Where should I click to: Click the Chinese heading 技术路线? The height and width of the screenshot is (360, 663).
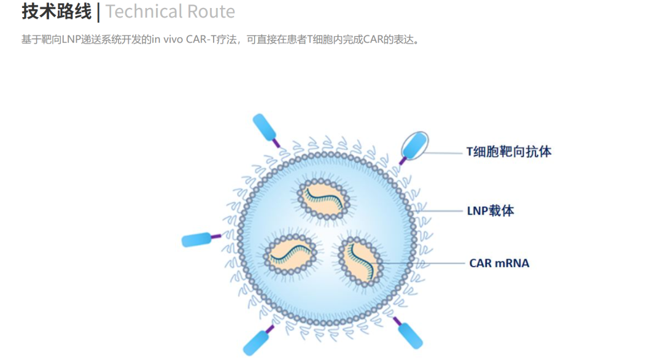(56, 12)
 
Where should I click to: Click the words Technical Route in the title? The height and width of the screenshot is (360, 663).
(170, 12)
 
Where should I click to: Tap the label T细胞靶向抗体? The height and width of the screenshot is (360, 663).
(509, 152)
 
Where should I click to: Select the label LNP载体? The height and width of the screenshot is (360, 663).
(490, 211)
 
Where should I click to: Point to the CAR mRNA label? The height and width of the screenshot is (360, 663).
(499, 263)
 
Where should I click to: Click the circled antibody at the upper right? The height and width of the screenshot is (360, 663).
(414, 146)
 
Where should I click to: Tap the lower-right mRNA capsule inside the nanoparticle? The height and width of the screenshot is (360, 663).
(361, 260)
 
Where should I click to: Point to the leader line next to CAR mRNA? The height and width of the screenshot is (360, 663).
(419, 263)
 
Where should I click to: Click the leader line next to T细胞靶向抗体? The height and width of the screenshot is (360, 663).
(444, 153)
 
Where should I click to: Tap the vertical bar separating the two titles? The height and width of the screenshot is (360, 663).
(98, 12)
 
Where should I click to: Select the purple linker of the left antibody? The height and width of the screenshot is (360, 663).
(216, 237)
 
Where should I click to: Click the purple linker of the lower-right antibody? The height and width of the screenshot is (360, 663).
(397, 321)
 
